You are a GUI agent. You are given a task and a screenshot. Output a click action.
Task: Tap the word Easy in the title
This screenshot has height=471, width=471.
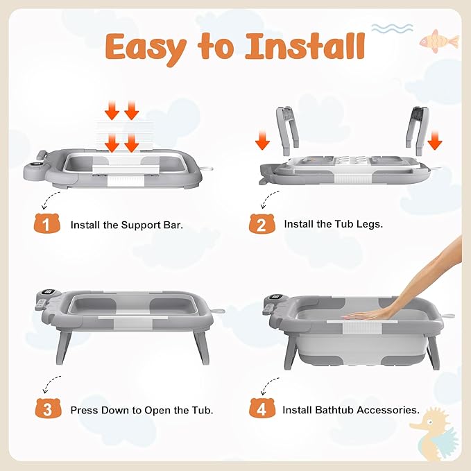146,49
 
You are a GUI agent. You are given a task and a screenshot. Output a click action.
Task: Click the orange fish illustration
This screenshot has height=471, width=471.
440,41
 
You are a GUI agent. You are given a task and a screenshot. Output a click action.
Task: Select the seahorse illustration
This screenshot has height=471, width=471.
435,434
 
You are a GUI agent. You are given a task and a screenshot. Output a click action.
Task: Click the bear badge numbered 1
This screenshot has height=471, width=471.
47,223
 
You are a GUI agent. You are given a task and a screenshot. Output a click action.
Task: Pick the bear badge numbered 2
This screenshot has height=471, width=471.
262,223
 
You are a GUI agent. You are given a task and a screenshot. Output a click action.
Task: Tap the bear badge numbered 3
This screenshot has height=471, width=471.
48,408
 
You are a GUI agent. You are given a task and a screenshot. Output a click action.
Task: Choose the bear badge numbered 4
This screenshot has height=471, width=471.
262,408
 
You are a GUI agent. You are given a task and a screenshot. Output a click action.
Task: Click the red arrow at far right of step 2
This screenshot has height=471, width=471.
435,140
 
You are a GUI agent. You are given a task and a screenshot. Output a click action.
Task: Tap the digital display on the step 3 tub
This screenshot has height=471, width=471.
49,292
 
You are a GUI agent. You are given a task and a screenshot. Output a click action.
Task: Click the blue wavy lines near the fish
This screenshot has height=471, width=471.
392,28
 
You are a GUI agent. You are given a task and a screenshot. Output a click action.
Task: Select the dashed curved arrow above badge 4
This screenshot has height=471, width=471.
269,386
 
